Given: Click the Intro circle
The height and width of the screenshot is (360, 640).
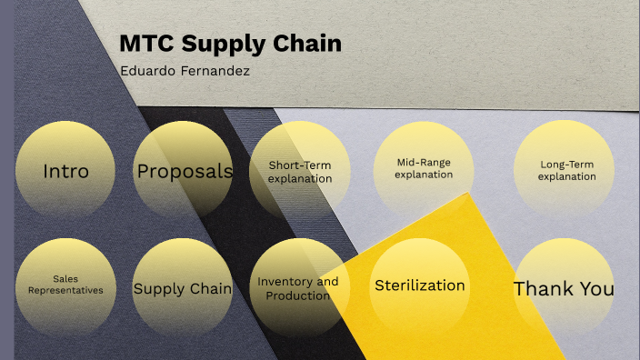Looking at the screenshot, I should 65,171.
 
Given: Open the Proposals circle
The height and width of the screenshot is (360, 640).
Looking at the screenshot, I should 184,171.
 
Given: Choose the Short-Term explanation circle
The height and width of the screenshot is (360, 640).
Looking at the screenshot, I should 299,171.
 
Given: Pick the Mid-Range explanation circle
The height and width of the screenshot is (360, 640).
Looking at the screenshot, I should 423,169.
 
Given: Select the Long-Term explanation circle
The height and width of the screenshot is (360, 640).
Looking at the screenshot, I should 565,171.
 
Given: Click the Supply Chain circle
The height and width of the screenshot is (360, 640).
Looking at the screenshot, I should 183,288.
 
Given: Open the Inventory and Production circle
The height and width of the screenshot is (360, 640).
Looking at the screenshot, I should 298,288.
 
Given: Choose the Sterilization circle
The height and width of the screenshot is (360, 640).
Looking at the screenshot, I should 420,285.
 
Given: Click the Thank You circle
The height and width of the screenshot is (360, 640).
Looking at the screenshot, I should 564,288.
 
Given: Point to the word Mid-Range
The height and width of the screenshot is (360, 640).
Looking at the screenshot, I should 423,163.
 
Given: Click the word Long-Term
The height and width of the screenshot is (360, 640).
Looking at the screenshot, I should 566,165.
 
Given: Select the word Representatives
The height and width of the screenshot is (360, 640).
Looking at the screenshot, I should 65,291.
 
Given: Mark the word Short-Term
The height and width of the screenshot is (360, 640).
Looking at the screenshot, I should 299,165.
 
